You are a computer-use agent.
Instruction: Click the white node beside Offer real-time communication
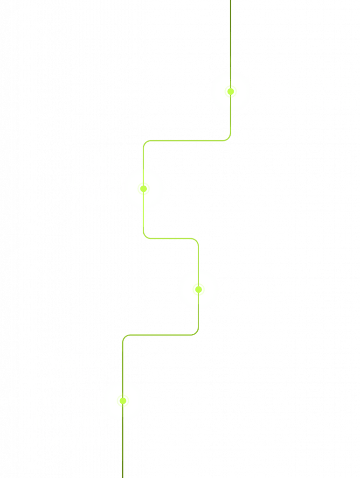point(230,91)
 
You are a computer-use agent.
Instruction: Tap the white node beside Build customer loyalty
point(144,189)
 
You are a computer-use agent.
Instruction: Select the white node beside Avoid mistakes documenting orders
point(198,289)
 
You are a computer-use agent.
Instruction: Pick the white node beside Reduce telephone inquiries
point(123,401)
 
